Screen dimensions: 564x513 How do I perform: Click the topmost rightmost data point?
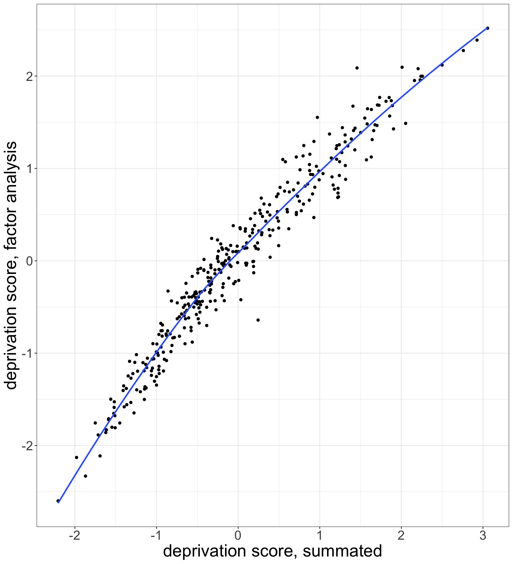(x=488, y=28)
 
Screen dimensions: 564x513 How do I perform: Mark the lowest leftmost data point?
(x=58, y=501)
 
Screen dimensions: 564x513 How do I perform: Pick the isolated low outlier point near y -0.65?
(x=258, y=320)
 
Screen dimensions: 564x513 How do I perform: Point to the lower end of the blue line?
(x=59, y=503)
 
